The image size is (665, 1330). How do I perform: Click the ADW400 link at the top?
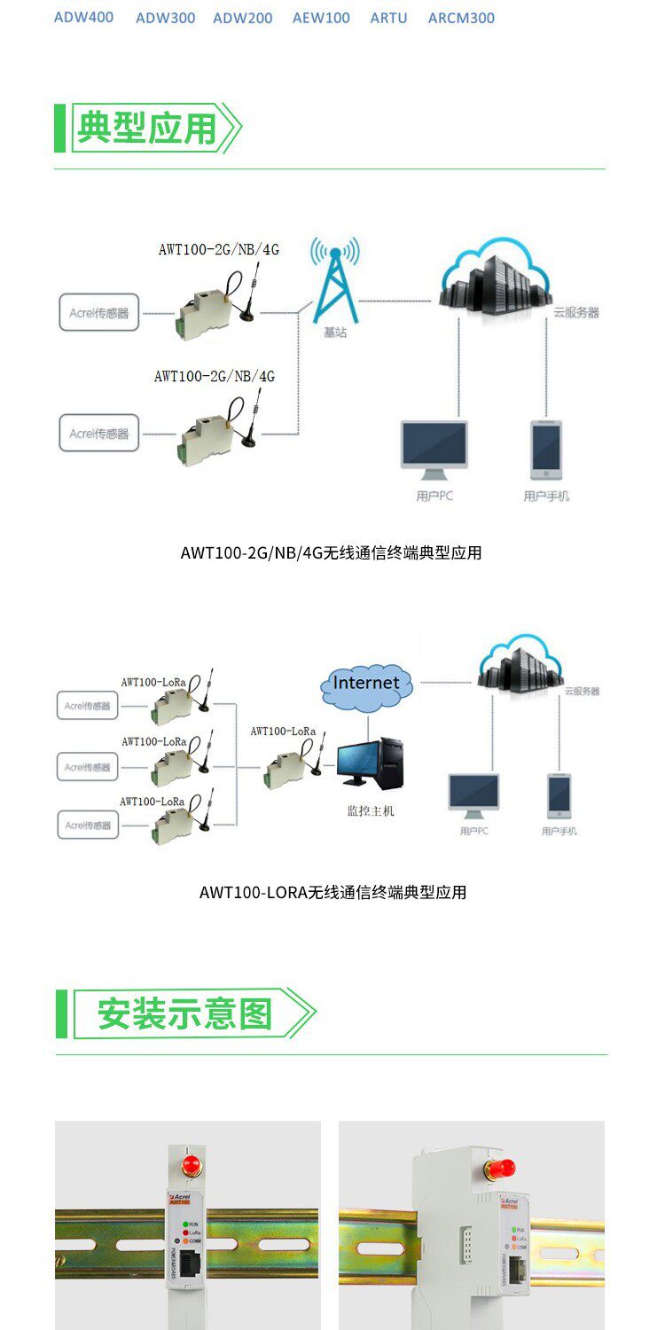(x=83, y=17)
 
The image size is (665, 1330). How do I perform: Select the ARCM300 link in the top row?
(x=461, y=18)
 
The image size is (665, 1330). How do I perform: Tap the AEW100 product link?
(x=321, y=18)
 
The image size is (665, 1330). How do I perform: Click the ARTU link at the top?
(x=388, y=18)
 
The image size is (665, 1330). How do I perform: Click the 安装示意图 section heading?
(x=184, y=1013)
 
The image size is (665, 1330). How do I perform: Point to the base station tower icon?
(x=335, y=279)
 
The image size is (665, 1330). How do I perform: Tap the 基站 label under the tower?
(x=335, y=332)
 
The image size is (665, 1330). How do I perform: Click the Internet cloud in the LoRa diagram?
(x=366, y=683)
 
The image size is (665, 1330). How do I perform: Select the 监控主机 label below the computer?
(x=370, y=810)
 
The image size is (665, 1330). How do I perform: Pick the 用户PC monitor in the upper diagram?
(x=434, y=449)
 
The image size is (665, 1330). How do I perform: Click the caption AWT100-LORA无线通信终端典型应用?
(x=332, y=892)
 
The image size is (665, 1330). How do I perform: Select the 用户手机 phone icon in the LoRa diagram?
(x=559, y=795)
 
